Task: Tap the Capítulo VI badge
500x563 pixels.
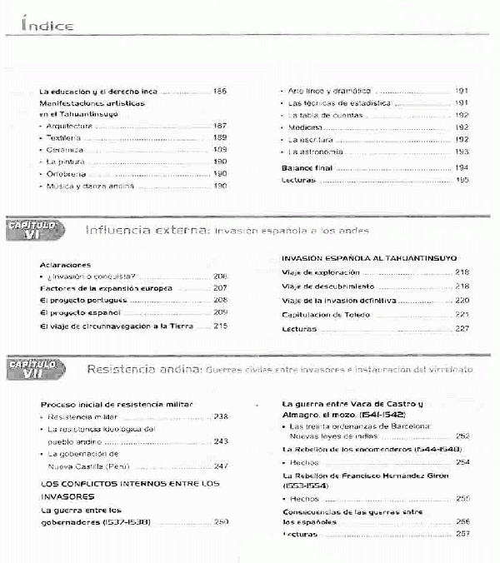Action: click(x=32, y=231)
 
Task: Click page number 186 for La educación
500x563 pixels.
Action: click(x=220, y=91)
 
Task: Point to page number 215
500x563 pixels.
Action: click(x=220, y=326)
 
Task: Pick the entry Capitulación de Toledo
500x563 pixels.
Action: click(x=326, y=315)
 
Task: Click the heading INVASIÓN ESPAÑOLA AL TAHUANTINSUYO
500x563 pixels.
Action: click(x=369, y=258)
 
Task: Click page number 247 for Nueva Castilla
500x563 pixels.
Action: click(x=220, y=466)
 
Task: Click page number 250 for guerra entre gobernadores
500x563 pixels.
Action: click(x=220, y=521)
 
